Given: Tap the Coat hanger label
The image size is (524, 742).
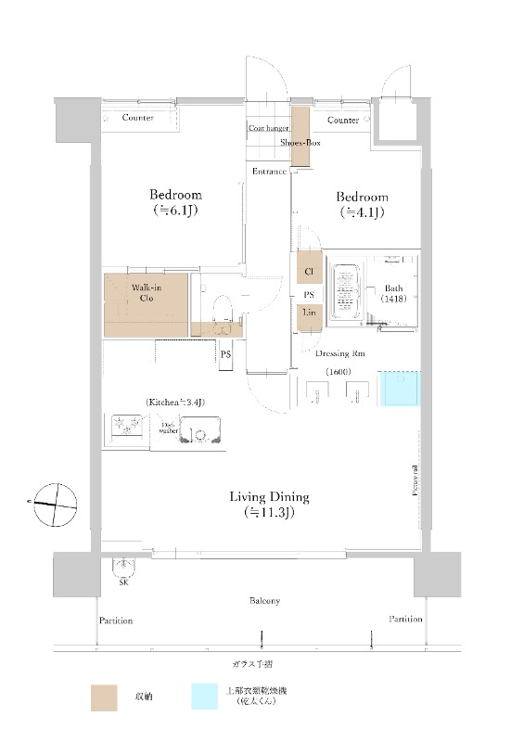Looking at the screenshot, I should pyautogui.click(x=267, y=128).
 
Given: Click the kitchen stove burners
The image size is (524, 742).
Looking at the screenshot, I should pyautogui.click(x=127, y=428).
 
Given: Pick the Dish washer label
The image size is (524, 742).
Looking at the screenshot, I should pyautogui.click(x=169, y=428).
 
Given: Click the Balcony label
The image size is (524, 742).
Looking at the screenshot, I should pyautogui.click(x=264, y=601).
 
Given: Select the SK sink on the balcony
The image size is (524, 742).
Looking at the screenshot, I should pyautogui.click(x=122, y=566).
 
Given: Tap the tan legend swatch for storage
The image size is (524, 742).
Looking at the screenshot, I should pyautogui.click(x=104, y=697).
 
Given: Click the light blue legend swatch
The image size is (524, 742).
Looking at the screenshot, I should pyautogui.click(x=205, y=697).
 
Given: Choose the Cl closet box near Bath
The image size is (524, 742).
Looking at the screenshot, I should pyautogui.click(x=309, y=272).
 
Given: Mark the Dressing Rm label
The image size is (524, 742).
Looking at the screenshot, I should pyautogui.click(x=332, y=353).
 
